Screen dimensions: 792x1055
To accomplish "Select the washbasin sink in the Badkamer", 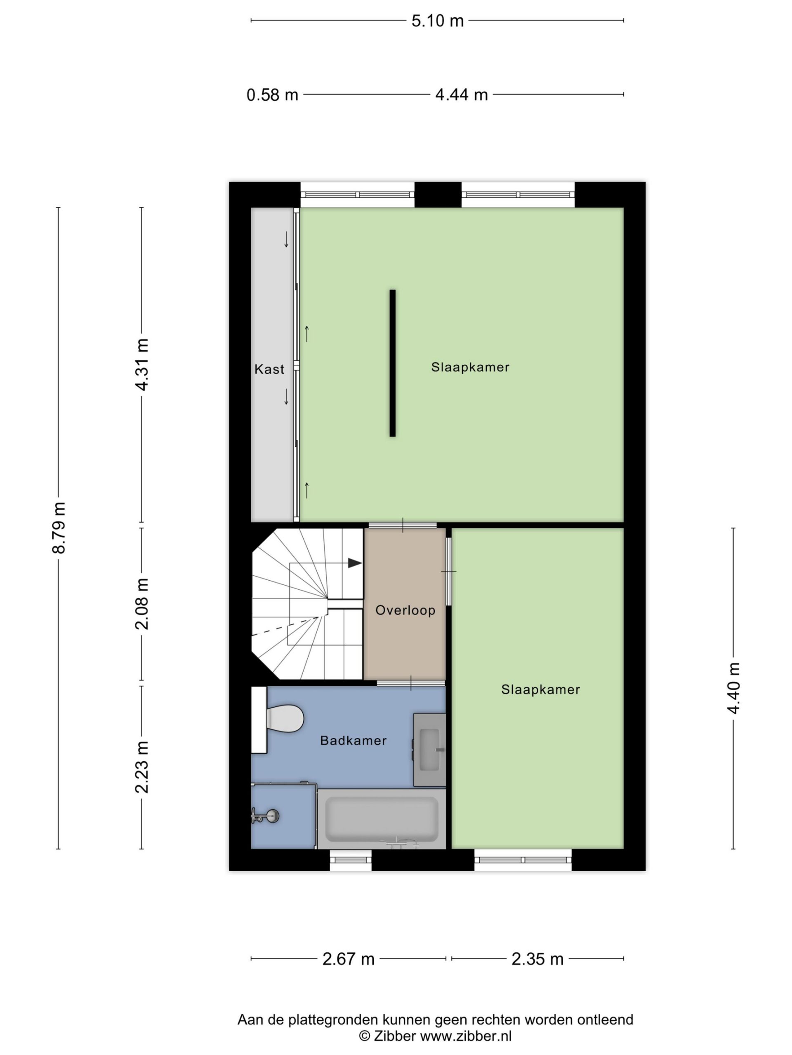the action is [x=430, y=750].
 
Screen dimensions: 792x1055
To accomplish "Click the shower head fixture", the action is [x=265, y=816].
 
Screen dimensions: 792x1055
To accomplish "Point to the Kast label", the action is [x=269, y=369].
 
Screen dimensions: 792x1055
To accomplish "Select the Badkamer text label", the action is [x=353, y=740].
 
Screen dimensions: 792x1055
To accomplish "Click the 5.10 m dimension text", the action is [x=438, y=21].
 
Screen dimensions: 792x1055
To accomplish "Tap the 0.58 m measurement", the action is [x=272, y=95].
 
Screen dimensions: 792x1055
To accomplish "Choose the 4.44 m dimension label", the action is [x=462, y=95].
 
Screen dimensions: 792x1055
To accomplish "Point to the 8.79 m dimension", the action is [x=59, y=527].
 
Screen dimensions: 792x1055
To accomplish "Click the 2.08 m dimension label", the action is [x=142, y=604].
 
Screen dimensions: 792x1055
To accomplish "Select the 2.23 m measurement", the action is [x=142, y=767].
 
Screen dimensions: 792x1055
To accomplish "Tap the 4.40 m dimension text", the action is [x=733, y=688].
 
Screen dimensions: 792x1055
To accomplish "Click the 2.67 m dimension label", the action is [x=349, y=959].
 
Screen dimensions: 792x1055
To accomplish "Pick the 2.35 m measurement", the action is [x=537, y=959].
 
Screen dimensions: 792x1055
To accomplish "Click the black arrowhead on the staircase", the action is [x=355, y=563].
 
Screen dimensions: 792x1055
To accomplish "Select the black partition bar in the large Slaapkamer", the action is [x=392, y=363].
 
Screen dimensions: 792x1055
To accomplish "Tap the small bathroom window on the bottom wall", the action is [x=351, y=860].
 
